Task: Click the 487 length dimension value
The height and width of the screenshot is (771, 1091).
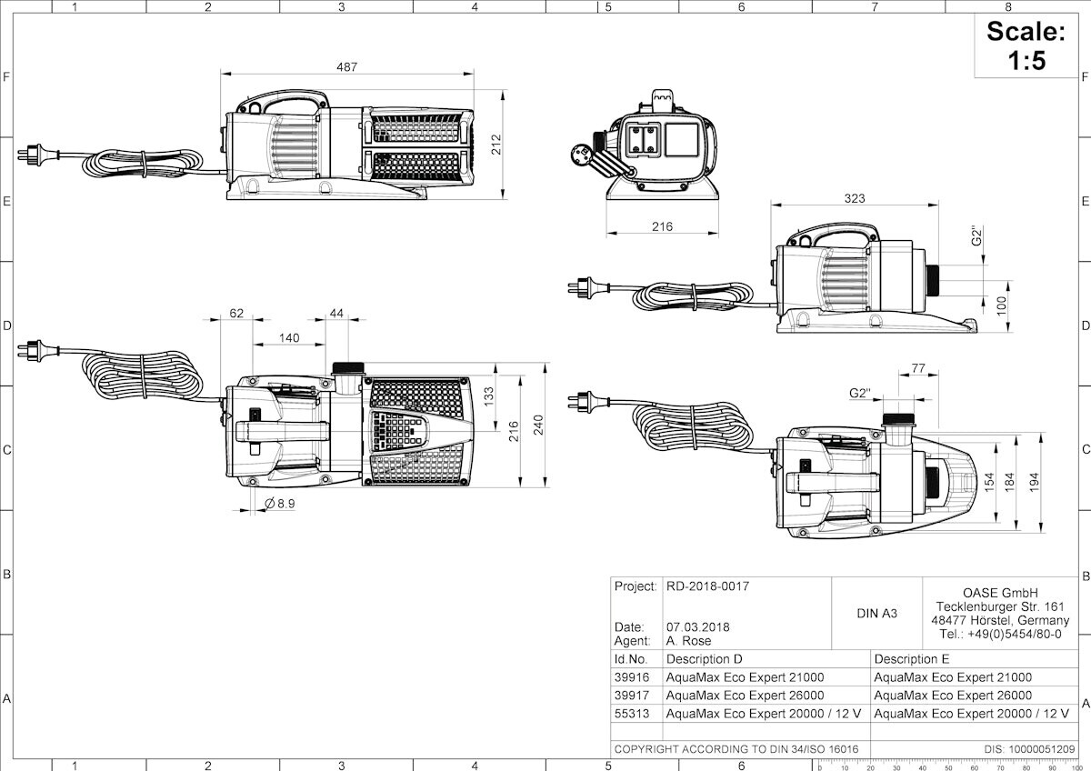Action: point(346,66)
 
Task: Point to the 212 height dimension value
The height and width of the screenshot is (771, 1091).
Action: point(495,145)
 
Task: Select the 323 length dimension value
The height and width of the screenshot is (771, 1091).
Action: point(855,198)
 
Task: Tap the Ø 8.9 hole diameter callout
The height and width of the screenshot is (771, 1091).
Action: point(280,503)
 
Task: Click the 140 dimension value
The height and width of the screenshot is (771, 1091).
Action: point(289,337)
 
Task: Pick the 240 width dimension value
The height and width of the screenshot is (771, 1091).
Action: point(538,425)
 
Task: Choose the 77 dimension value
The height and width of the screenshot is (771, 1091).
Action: point(918,368)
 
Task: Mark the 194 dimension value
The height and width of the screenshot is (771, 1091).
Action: point(1034,482)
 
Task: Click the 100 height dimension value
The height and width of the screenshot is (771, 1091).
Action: point(1001,305)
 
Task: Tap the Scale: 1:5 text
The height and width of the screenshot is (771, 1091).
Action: point(1026,45)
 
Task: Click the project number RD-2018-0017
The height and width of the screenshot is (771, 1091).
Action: point(707,586)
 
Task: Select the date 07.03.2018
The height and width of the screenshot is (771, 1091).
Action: point(698,626)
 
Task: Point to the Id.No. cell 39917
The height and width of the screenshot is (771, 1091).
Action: point(632,695)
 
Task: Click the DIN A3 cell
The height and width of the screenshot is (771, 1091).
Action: point(876,613)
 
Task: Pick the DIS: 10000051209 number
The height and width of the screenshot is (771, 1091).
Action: point(1029,748)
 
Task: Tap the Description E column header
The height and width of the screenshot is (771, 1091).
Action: point(912,659)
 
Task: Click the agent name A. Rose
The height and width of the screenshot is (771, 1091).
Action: point(689,640)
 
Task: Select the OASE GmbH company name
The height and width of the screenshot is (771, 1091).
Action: point(1000,593)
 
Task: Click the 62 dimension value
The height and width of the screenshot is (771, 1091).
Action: point(236,313)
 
